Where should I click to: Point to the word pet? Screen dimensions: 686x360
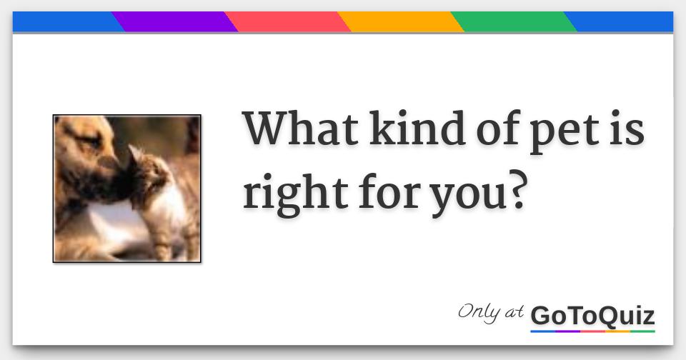click(565, 133)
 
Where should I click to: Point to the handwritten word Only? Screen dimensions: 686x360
click(479, 313)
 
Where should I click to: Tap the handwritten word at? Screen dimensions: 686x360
click(514, 312)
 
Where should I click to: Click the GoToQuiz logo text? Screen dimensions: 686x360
click(592, 316)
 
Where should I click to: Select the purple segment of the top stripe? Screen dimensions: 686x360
click(174, 21)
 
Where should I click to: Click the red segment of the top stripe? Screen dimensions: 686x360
click(287, 21)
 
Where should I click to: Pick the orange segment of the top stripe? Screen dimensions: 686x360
click(400, 21)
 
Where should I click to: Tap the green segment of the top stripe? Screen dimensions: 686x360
click(514, 21)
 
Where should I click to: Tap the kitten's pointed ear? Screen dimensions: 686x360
click(135, 153)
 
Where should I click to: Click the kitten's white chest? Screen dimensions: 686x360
click(169, 206)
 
